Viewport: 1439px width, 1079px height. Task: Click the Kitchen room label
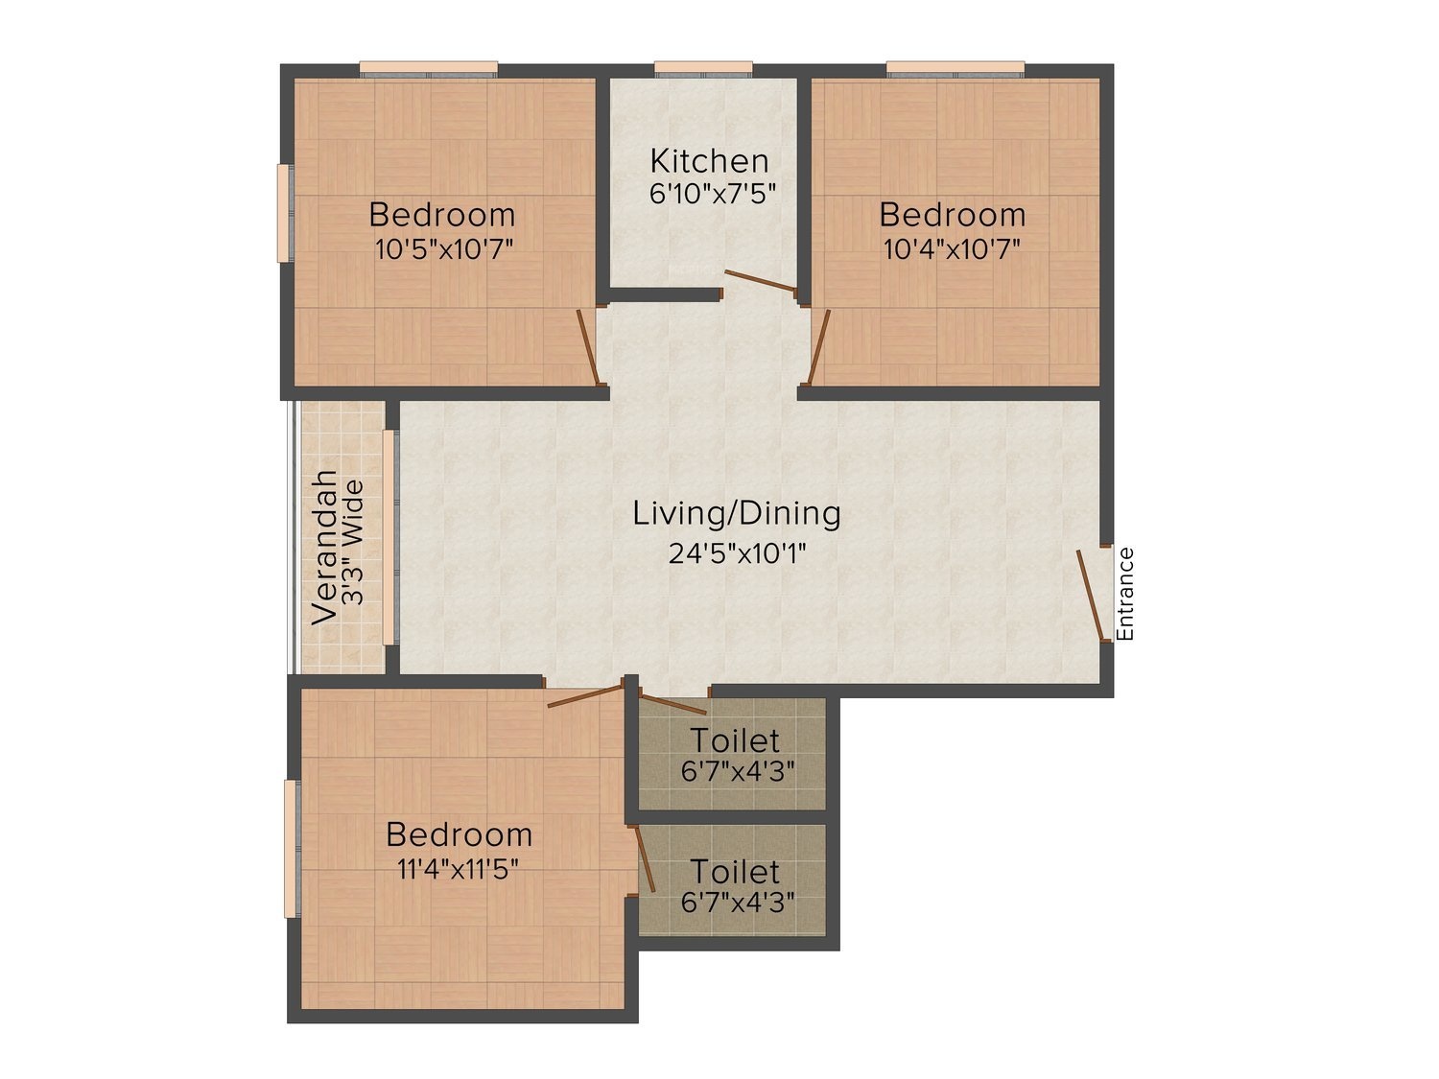(x=709, y=160)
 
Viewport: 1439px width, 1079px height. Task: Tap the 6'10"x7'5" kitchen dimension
(x=713, y=194)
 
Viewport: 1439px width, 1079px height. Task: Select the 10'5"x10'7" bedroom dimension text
(x=444, y=249)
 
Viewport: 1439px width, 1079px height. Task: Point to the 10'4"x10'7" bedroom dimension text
(x=953, y=249)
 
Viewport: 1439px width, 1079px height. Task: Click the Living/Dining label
(x=737, y=514)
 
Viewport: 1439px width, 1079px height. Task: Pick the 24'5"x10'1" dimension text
(x=737, y=554)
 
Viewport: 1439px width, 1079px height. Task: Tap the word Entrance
(x=1124, y=595)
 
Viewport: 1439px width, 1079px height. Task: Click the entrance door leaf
(x=1090, y=595)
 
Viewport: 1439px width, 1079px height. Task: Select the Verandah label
(x=324, y=547)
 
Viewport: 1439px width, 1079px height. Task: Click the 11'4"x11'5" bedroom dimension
(x=458, y=869)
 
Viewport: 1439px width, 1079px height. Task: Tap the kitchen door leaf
(x=761, y=280)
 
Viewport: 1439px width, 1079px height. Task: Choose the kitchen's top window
(x=703, y=69)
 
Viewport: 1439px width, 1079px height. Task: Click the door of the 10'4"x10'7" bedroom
(x=819, y=346)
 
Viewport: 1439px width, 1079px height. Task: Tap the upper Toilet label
(x=735, y=740)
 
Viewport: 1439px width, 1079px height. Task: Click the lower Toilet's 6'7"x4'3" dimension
(x=738, y=903)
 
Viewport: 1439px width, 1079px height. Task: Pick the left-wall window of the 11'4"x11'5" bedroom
(x=291, y=849)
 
